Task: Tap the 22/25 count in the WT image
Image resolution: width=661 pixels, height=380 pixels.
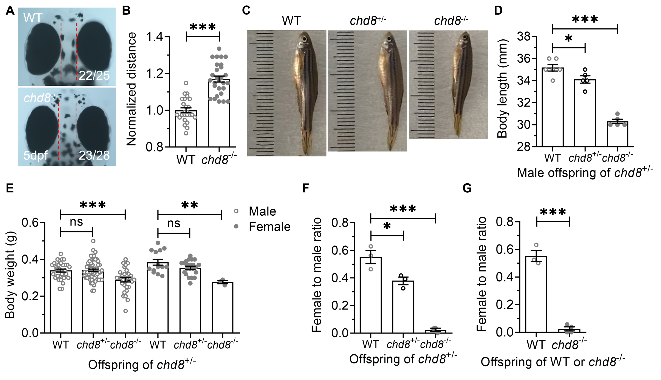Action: pyautogui.click(x=94, y=76)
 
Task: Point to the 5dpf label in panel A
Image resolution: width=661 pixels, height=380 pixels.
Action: pyautogui.click(x=36, y=156)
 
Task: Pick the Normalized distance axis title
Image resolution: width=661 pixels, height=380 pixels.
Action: pyautogui.click(x=131, y=89)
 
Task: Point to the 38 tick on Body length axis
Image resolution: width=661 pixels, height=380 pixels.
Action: pyautogui.click(x=524, y=37)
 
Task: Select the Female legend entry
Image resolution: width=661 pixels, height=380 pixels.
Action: pyautogui.click(x=269, y=227)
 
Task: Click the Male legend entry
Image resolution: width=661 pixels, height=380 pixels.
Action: pyautogui.click(x=262, y=211)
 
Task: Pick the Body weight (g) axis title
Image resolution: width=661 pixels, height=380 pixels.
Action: pyautogui.click(x=11, y=275)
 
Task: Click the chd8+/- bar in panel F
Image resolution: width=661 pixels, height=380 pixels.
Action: pyautogui.click(x=403, y=307)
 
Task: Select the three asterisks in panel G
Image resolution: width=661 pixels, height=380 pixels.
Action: pyautogui.click(x=553, y=212)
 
